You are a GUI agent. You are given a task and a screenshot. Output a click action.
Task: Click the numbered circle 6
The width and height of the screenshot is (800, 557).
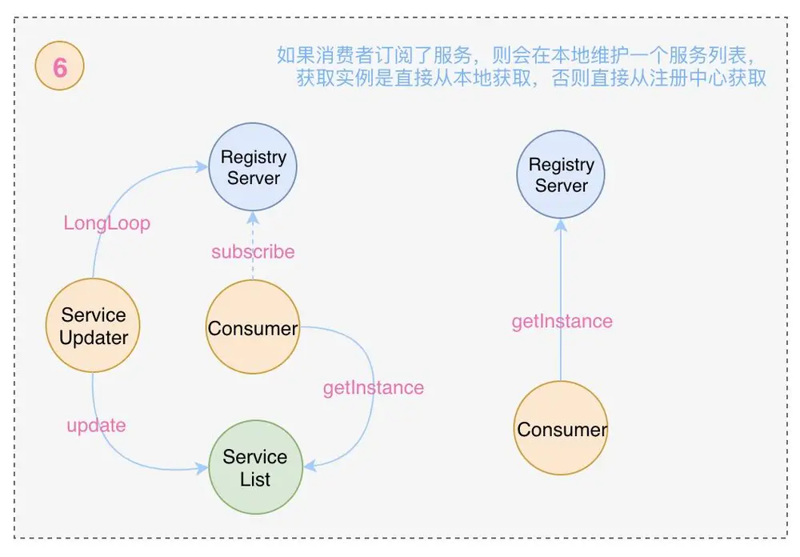(x=60, y=67)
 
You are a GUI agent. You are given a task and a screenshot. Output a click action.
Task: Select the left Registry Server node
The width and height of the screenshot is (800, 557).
(x=253, y=168)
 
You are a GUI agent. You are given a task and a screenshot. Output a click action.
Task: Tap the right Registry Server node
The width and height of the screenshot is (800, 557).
(x=562, y=175)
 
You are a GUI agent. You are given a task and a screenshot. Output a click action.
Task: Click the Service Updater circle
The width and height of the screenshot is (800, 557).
(x=94, y=327)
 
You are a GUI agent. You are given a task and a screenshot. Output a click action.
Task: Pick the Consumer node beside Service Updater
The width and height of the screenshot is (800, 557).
(x=253, y=328)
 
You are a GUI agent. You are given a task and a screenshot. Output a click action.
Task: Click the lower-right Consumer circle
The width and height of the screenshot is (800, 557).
(x=562, y=429)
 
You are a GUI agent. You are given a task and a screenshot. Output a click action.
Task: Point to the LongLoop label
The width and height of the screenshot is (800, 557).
(x=106, y=223)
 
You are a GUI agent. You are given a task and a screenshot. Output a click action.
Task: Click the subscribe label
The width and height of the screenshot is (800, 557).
(x=253, y=252)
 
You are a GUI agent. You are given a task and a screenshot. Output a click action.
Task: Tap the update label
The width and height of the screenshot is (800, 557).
(x=96, y=425)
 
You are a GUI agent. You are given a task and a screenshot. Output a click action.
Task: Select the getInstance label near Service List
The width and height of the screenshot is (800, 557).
(x=373, y=388)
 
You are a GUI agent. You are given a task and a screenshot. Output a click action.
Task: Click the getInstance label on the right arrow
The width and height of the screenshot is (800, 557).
(x=562, y=322)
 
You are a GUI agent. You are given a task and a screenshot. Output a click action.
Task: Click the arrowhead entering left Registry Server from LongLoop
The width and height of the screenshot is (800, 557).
(x=202, y=167)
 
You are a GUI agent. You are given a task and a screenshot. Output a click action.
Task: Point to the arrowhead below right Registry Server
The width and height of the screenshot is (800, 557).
(x=562, y=224)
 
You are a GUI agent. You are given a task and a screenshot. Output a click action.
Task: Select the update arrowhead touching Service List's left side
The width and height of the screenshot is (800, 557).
(x=202, y=470)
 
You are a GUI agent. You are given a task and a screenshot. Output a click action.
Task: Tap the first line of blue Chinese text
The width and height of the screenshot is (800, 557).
(x=516, y=55)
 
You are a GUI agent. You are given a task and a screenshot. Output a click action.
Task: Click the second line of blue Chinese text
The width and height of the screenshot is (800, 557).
(x=531, y=78)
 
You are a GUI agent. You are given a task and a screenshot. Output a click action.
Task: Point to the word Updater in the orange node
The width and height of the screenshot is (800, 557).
(x=94, y=338)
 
